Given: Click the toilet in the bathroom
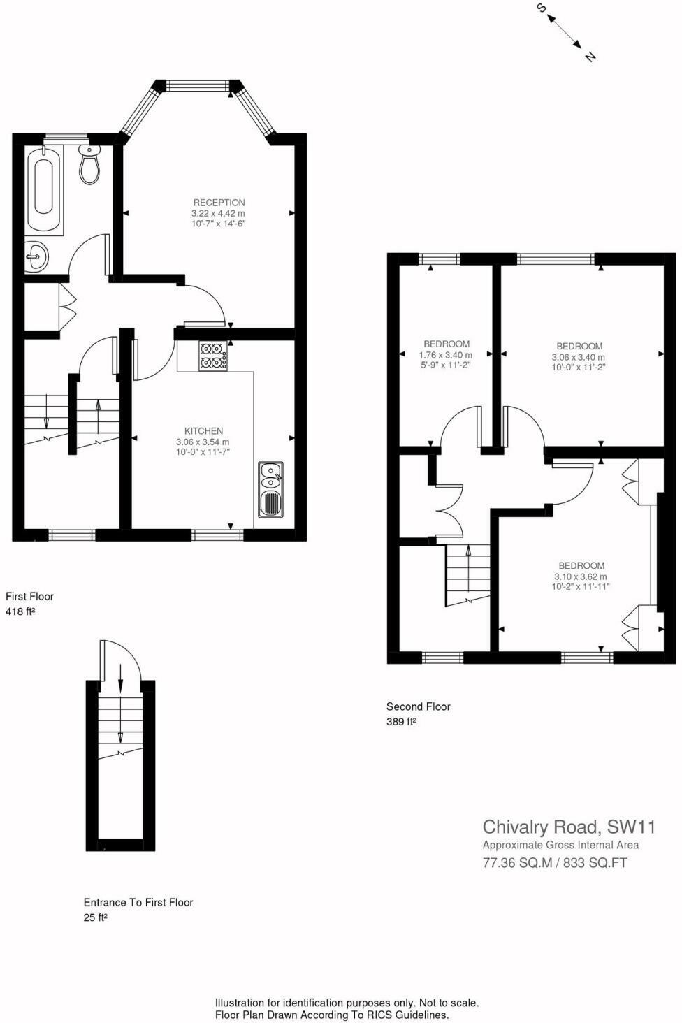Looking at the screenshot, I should [x=89, y=165].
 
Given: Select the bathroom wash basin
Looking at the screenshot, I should [x=36, y=257].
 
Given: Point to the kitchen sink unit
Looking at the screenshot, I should [x=270, y=490].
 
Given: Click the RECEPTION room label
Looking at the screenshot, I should [x=219, y=203].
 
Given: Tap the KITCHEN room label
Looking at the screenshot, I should [x=203, y=431].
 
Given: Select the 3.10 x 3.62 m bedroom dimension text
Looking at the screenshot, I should [x=581, y=576].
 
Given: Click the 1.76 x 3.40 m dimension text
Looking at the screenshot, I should [x=446, y=355].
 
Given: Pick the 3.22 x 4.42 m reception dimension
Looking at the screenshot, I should [x=219, y=213].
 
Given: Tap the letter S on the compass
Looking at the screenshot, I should [x=541, y=8].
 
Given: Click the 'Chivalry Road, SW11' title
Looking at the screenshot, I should [x=569, y=827].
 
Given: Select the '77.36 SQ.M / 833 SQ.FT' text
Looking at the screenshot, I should [x=555, y=863].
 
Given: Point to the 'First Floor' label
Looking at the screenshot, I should [x=29, y=596].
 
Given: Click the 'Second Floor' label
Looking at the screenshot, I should [x=418, y=706].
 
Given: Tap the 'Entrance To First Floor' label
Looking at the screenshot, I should [x=138, y=902].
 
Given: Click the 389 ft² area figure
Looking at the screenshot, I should [x=401, y=722].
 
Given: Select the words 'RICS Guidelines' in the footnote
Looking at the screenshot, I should [x=411, y=1015].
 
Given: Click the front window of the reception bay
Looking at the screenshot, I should [x=198, y=86].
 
